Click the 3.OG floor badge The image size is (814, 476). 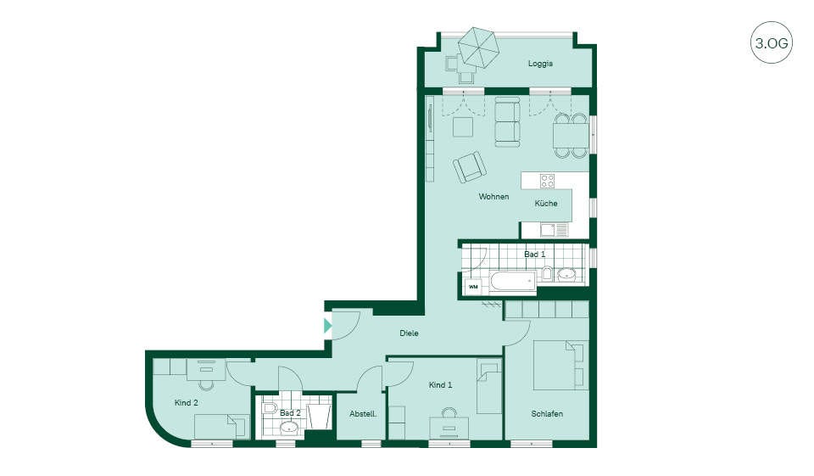(x=772, y=42)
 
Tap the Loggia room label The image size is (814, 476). (x=540, y=64)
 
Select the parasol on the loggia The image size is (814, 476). (x=478, y=48)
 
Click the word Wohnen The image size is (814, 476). (x=493, y=197)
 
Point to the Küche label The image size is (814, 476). (x=546, y=203)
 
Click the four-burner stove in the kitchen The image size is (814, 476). (x=547, y=181)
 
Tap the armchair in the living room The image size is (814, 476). (x=470, y=166)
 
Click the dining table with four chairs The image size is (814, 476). (x=571, y=135)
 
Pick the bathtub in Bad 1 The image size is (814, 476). (x=513, y=283)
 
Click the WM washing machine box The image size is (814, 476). (x=473, y=286)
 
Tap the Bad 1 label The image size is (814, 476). (x=535, y=254)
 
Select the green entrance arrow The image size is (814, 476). (x=327, y=326)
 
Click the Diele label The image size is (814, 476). (x=409, y=333)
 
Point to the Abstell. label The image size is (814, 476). (x=363, y=414)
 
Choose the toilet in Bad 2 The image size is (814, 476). (x=269, y=407)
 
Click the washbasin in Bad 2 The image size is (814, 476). (x=288, y=428)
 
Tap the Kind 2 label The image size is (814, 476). (x=187, y=403)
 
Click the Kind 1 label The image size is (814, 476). (x=440, y=385)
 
